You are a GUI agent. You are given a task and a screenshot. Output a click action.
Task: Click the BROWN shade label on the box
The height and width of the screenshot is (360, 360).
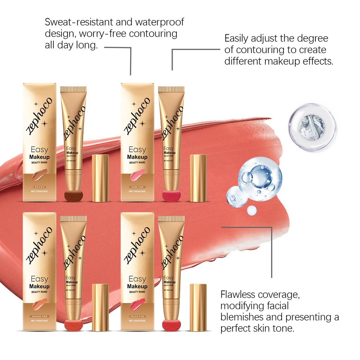(x=39, y=187)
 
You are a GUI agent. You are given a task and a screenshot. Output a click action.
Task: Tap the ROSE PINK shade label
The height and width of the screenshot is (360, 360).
(x=137, y=187)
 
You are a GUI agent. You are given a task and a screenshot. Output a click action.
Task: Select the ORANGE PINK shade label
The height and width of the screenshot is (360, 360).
(x=39, y=316)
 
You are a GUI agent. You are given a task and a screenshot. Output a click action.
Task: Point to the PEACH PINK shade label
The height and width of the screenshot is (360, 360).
(x=137, y=316)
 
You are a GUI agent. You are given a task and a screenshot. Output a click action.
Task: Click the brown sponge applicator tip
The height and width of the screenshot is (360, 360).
(x=73, y=195)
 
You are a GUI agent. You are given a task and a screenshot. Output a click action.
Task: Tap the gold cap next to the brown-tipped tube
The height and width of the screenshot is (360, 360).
(x=100, y=178)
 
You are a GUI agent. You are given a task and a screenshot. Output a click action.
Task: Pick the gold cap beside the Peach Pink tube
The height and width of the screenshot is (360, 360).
(x=198, y=307)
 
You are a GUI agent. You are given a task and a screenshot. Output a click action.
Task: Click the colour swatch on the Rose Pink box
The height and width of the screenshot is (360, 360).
(x=137, y=174)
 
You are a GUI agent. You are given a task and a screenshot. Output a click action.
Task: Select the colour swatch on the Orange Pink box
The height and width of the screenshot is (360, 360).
(x=39, y=304)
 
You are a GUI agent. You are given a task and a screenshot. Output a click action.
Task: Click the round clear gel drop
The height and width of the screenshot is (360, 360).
(x=311, y=127)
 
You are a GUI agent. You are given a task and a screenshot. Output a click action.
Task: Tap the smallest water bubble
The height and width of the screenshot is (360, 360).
(x=251, y=210)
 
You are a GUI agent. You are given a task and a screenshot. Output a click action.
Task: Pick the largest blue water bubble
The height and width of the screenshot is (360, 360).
(x=260, y=179)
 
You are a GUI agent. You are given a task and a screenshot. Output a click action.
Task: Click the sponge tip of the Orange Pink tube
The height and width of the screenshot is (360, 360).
(x=73, y=325)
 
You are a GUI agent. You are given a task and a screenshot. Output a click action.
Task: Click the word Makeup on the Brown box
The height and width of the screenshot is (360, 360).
(x=39, y=157)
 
